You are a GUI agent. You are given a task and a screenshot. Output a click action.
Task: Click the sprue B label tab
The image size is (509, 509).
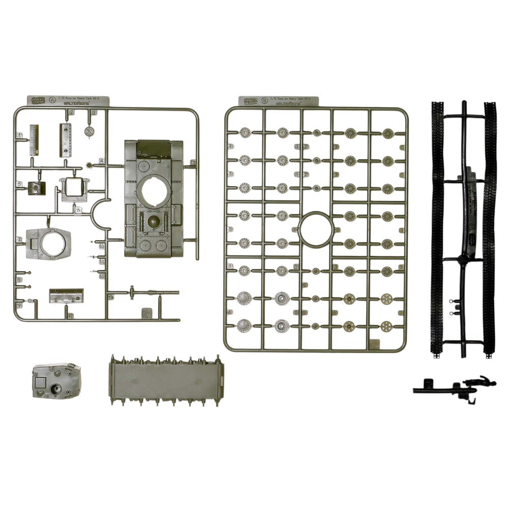point(280,101)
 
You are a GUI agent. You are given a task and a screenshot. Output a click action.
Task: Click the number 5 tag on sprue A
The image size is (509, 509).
point(19,184)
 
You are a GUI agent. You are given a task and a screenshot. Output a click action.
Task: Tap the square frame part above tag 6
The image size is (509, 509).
point(74,189)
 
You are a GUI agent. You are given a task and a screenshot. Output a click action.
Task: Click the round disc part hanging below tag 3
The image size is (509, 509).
point(90,131)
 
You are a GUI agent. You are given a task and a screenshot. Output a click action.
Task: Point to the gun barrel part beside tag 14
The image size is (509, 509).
point(148,293)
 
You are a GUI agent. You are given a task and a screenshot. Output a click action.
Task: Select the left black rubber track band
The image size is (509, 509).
point(437,229)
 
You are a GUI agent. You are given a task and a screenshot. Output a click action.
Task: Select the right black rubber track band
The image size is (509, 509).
point(489,229)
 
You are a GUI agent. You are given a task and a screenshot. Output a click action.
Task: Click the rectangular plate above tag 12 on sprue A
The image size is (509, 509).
point(66,295)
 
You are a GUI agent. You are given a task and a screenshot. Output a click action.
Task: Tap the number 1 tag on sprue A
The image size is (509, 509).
point(19,135)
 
